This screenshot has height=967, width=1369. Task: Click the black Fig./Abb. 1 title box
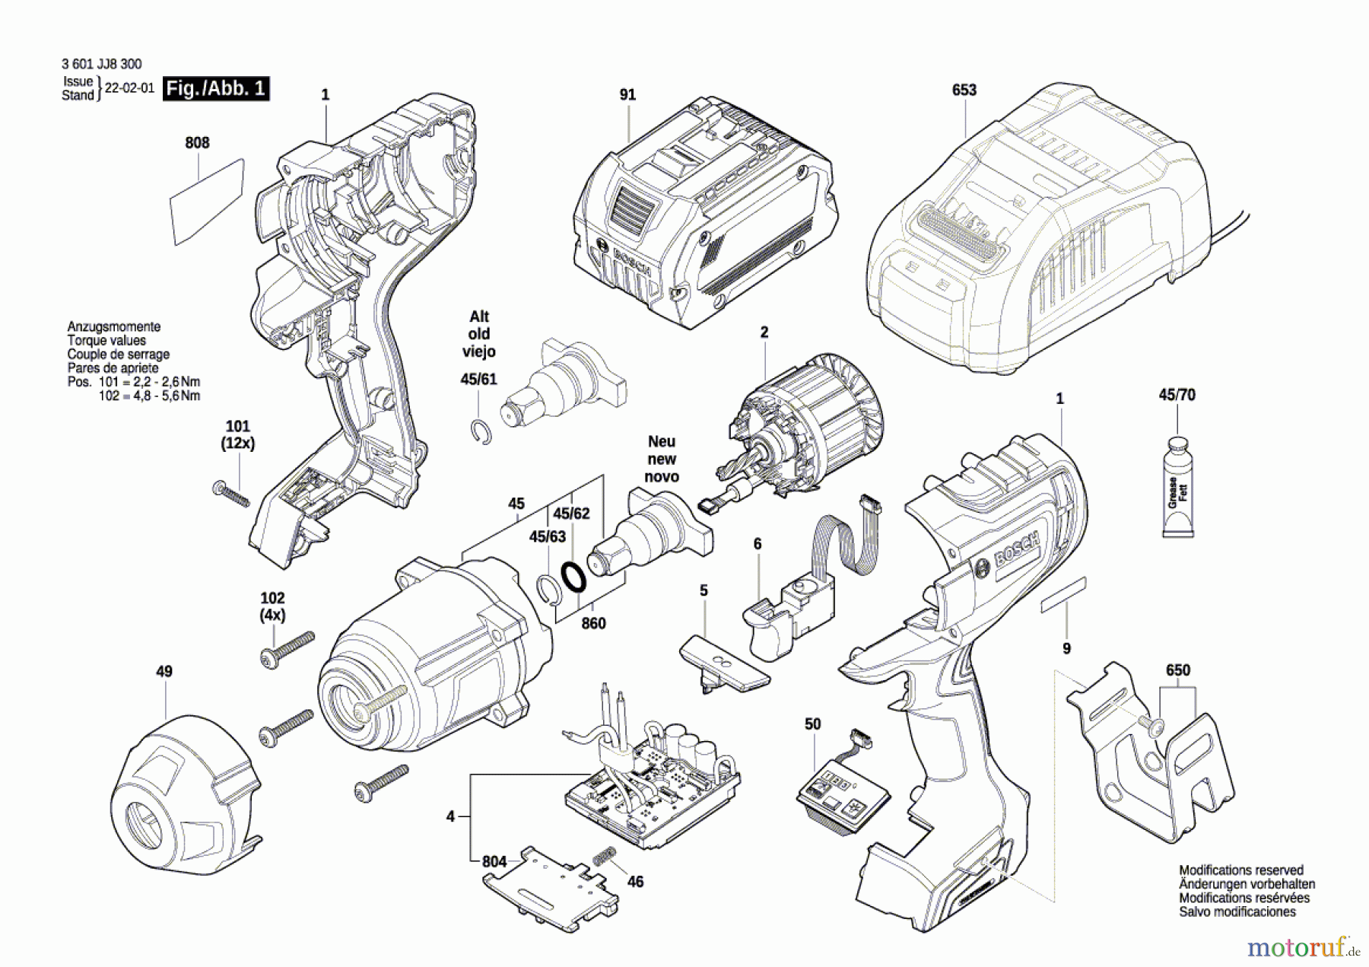pyautogui.click(x=217, y=88)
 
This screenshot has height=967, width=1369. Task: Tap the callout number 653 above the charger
pyautogui.click(x=964, y=90)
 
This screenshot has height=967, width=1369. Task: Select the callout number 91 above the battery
pyautogui.click(x=627, y=94)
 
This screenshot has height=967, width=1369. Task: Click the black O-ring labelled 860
pyautogui.click(x=573, y=576)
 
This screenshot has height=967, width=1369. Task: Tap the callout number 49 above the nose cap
pyautogui.click(x=164, y=671)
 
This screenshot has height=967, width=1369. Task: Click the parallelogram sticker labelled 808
pyautogui.click(x=207, y=202)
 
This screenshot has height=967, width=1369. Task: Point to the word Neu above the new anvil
pyautogui.click(x=662, y=441)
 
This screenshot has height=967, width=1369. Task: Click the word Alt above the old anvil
pyautogui.click(x=479, y=317)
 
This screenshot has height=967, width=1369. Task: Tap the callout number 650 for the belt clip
pyautogui.click(x=1178, y=670)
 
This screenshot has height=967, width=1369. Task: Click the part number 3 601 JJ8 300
pyautogui.click(x=102, y=64)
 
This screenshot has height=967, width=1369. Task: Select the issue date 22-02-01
pyautogui.click(x=129, y=87)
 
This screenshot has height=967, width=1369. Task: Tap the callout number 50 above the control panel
pyautogui.click(x=813, y=724)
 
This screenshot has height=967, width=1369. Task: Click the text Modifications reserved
pyautogui.click(x=1241, y=870)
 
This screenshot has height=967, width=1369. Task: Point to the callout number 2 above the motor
pyautogui.click(x=764, y=332)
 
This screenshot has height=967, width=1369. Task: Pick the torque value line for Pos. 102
pyautogui.click(x=150, y=396)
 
